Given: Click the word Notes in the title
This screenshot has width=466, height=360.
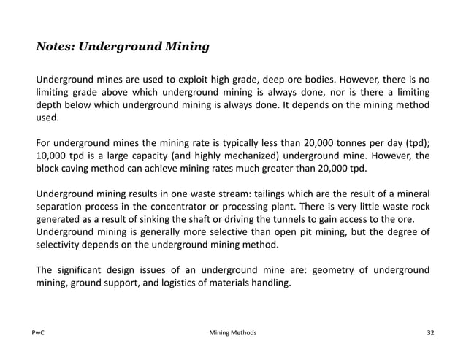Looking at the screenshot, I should click(55, 47).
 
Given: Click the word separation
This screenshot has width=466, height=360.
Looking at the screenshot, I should click(64, 208).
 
